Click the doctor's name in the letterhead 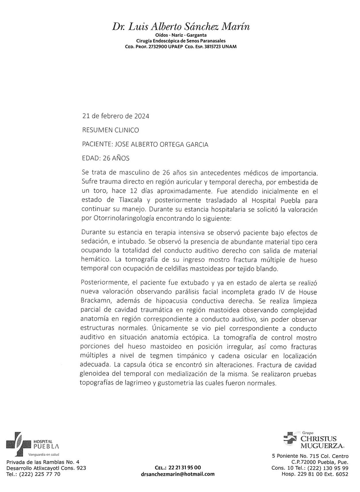(x=181, y=27)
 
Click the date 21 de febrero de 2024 (x=116, y=116)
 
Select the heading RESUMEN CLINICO (x=110, y=130)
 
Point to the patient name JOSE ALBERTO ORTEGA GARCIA (x=161, y=144)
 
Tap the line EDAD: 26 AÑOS (x=106, y=158)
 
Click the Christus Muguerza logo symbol (x=290, y=438)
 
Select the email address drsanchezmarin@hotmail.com (x=178, y=474)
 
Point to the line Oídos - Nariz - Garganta (x=181, y=35)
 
